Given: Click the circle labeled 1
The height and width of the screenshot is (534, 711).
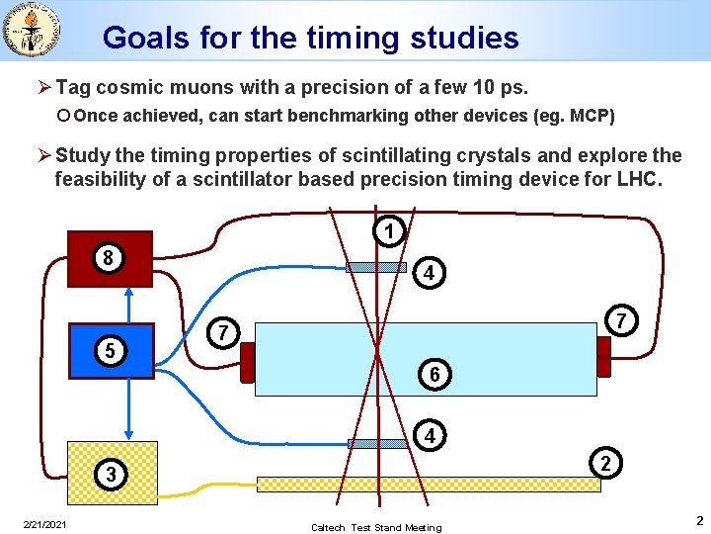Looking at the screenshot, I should (x=391, y=232).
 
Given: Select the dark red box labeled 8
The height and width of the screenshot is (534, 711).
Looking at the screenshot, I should (x=110, y=259).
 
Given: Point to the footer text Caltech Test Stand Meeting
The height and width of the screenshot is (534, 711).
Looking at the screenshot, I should (x=376, y=527).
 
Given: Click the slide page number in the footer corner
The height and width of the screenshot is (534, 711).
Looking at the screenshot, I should (x=698, y=520).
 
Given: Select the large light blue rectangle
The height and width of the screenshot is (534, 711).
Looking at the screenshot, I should (x=425, y=358).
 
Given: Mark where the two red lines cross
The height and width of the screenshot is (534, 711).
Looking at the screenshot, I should (x=377, y=352).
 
